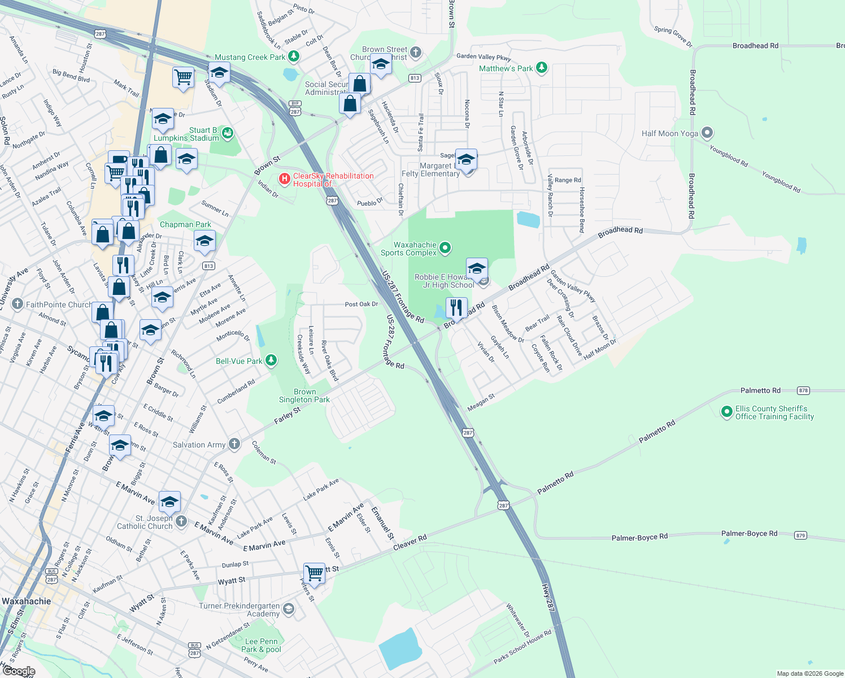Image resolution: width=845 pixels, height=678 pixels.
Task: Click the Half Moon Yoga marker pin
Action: click(707, 133)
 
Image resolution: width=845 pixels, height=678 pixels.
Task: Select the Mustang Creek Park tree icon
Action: click(293, 56)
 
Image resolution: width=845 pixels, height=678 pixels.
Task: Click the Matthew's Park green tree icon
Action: click(542, 68)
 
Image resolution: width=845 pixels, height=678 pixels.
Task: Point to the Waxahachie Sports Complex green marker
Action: click(445, 248)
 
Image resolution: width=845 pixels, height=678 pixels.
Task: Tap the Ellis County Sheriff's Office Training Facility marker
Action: click(727, 412)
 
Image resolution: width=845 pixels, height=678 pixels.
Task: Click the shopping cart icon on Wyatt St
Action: click(314, 573)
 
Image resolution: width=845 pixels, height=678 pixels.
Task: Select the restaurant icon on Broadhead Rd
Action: click(456, 308)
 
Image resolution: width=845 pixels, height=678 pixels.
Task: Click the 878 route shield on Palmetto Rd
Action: click(803, 390)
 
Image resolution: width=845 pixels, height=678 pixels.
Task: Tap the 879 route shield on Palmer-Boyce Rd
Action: click(800, 535)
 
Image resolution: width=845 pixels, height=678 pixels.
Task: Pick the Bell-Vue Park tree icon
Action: click(271, 360)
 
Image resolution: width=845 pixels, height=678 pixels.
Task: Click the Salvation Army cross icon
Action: click(234, 444)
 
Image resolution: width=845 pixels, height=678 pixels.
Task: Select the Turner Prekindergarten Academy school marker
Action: click(289, 609)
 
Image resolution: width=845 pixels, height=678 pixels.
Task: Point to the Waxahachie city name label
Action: click(27, 601)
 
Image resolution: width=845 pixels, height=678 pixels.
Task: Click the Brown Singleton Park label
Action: click(304, 395)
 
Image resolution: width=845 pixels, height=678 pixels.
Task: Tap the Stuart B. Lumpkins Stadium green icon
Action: click(227, 133)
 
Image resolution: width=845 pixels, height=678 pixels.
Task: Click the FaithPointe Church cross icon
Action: click(18, 304)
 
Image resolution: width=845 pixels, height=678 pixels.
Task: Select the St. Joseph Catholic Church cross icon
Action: click(181, 521)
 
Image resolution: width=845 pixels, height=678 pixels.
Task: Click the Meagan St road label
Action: click(481, 402)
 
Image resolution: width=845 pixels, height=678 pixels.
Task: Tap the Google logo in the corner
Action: click(19, 671)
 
